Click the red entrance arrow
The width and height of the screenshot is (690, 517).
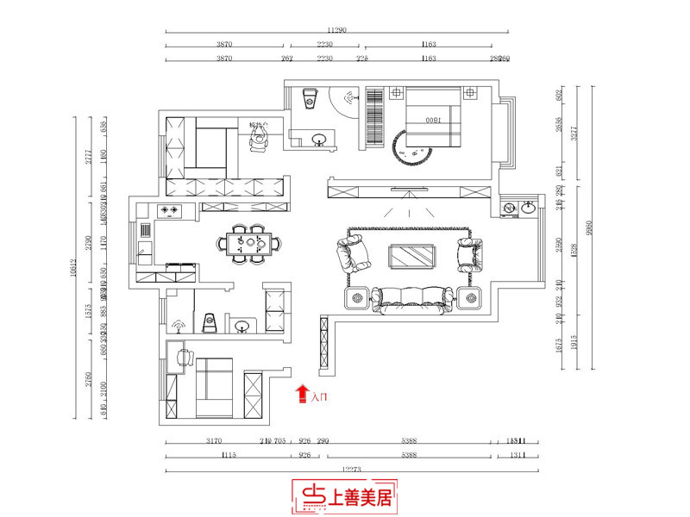click(x=302, y=395)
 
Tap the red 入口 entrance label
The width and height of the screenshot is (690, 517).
click(x=318, y=397)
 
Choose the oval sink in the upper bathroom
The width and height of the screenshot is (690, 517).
click(x=319, y=136)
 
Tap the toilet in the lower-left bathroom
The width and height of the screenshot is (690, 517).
click(x=208, y=322)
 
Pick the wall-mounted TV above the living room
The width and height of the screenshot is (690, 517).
click(x=411, y=189)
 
